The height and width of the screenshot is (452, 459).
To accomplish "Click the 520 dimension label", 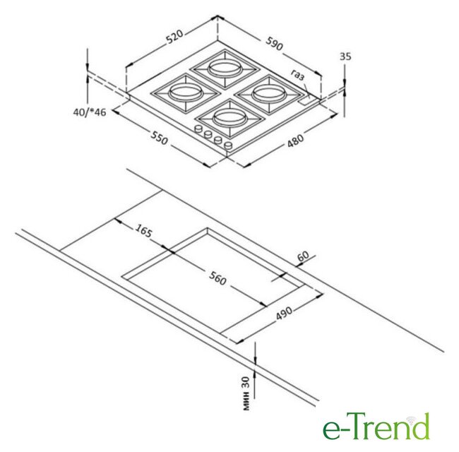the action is tap(174, 37).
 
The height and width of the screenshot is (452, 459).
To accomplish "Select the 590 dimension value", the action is tap(275, 43).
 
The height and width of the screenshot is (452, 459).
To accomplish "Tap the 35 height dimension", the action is tap(345, 56).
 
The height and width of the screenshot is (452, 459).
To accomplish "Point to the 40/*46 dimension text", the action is tap(89, 112).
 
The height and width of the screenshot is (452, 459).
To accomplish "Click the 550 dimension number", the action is tap(160, 138).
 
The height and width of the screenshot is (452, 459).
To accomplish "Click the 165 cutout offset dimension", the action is tap(144, 230).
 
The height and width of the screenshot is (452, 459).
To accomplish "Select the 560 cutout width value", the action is tap(217, 278).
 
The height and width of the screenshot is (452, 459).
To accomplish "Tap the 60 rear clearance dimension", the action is tap(303, 256).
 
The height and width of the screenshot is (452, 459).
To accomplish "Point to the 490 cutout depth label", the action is tap(284, 314).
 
